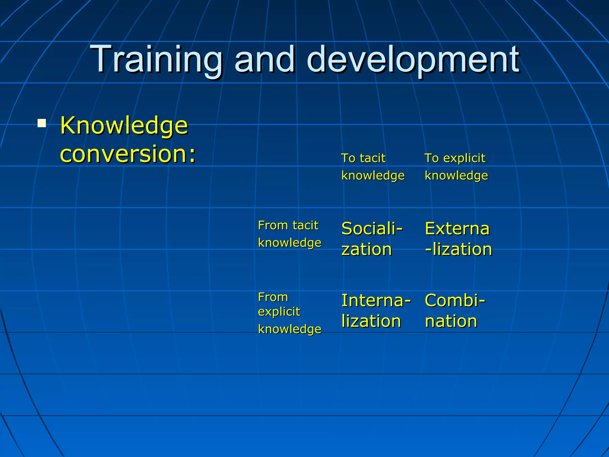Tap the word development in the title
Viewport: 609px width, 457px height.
pos(413,60)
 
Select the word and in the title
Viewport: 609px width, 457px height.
pos(265,60)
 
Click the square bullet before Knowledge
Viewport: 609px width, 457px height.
pos(42,123)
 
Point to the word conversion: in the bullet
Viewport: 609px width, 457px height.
pos(128,154)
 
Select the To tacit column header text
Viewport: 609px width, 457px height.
pos(363,158)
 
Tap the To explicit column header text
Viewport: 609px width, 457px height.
pos(455,158)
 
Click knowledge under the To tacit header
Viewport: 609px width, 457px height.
pos(373,176)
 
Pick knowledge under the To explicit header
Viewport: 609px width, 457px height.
pos(456,176)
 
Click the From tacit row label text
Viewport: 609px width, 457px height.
pos(288,225)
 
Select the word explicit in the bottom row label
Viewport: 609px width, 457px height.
pos(279,312)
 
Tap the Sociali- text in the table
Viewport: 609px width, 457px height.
pos(372,229)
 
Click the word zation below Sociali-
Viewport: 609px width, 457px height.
pos(366,249)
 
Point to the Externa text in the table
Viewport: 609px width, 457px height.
pos(457,229)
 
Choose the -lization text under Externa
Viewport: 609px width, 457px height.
pos(459,249)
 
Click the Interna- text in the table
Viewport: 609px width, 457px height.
pos(376,301)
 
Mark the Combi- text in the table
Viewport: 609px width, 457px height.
pos(455,301)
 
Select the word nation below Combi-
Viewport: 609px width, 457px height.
pos(451,321)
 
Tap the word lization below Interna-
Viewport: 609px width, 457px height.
pos(371,321)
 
